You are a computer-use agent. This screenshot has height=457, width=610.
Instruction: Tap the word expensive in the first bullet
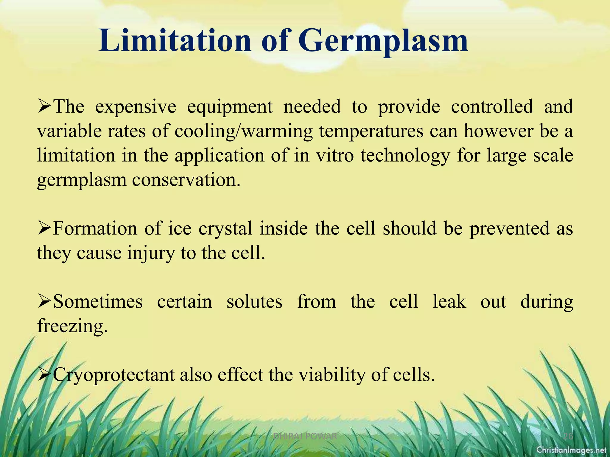click(x=136, y=107)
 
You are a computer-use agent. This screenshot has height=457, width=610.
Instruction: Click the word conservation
click(x=186, y=180)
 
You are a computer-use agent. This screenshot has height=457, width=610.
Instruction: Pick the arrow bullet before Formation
click(x=44, y=229)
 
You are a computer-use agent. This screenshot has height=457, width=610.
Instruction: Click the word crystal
click(x=225, y=229)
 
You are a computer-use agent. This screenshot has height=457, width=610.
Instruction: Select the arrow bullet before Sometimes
click(x=44, y=302)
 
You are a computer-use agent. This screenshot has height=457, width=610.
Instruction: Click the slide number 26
click(x=568, y=436)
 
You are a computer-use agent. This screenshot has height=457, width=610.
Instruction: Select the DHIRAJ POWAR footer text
click(x=305, y=436)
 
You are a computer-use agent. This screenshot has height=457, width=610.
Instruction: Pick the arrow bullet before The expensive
click(x=44, y=107)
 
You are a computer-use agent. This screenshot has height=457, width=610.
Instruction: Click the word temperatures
click(x=371, y=131)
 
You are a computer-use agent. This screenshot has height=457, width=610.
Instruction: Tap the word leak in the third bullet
click(x=449, y=302)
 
